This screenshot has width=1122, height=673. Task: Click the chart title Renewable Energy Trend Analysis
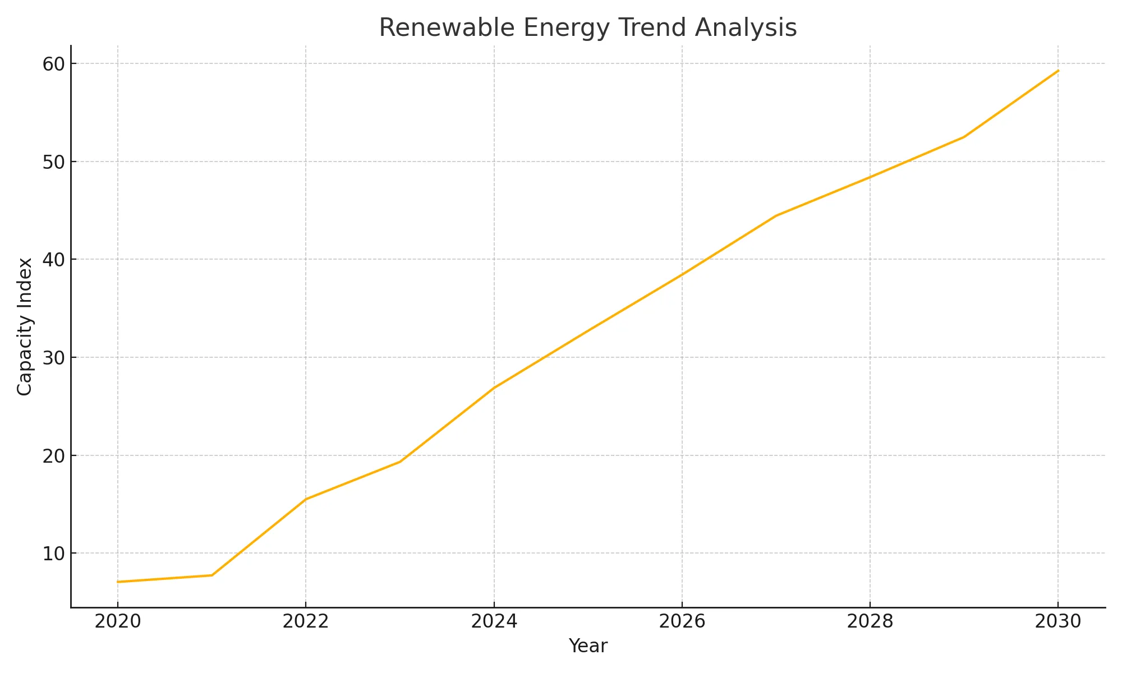(587, 28)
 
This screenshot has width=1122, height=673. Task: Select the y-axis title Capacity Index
(25, 326)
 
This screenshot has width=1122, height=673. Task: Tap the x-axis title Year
(587, 646)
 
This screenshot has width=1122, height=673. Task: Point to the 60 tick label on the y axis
(53, 64)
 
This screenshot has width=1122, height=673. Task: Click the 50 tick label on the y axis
(53, 162)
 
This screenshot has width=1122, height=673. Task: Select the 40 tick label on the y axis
(53, 260)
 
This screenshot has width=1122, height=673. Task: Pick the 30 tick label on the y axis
(53, 358)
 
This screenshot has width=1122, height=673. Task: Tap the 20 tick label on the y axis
(53, 455)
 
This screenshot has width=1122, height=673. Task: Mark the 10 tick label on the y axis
(53, 554)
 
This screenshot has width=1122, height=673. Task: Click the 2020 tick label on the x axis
(118, 621)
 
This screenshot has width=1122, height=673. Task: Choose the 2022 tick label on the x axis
(306, 621)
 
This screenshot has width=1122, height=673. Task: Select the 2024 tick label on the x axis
(494, 621)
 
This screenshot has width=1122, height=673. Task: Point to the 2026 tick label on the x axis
(682, 621)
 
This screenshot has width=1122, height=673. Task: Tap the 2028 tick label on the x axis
(870, 621)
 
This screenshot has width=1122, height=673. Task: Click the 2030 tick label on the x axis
(1058, 621)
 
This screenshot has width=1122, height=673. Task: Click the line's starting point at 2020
(118, 582)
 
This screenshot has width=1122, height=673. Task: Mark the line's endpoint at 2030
(1058, 71)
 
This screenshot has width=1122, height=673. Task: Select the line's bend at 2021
(212, 575)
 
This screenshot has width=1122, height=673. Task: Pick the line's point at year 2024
(494, 388)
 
